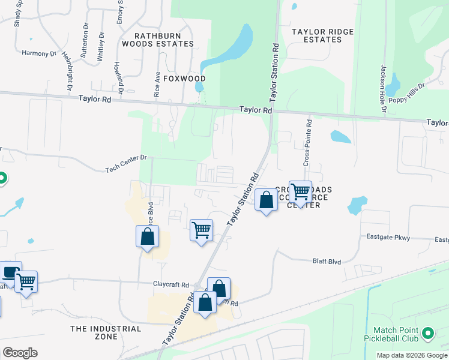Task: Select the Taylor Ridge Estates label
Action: (322, 35)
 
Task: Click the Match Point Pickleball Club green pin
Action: (427, 332)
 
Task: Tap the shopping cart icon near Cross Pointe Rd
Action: (300, 191)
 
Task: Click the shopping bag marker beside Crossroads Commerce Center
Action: (266, 199)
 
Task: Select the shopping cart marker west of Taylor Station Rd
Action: (202, 230)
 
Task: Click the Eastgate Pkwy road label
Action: (388, 238)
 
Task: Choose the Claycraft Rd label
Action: (170, 284)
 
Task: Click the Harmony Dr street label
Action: (38, 53)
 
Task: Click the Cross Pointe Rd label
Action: (307, 143)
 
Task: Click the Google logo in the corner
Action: (20, 353)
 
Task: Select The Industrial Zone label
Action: (106, 332)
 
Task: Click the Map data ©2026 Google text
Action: (411, 355)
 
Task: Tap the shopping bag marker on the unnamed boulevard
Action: (147, 236)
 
